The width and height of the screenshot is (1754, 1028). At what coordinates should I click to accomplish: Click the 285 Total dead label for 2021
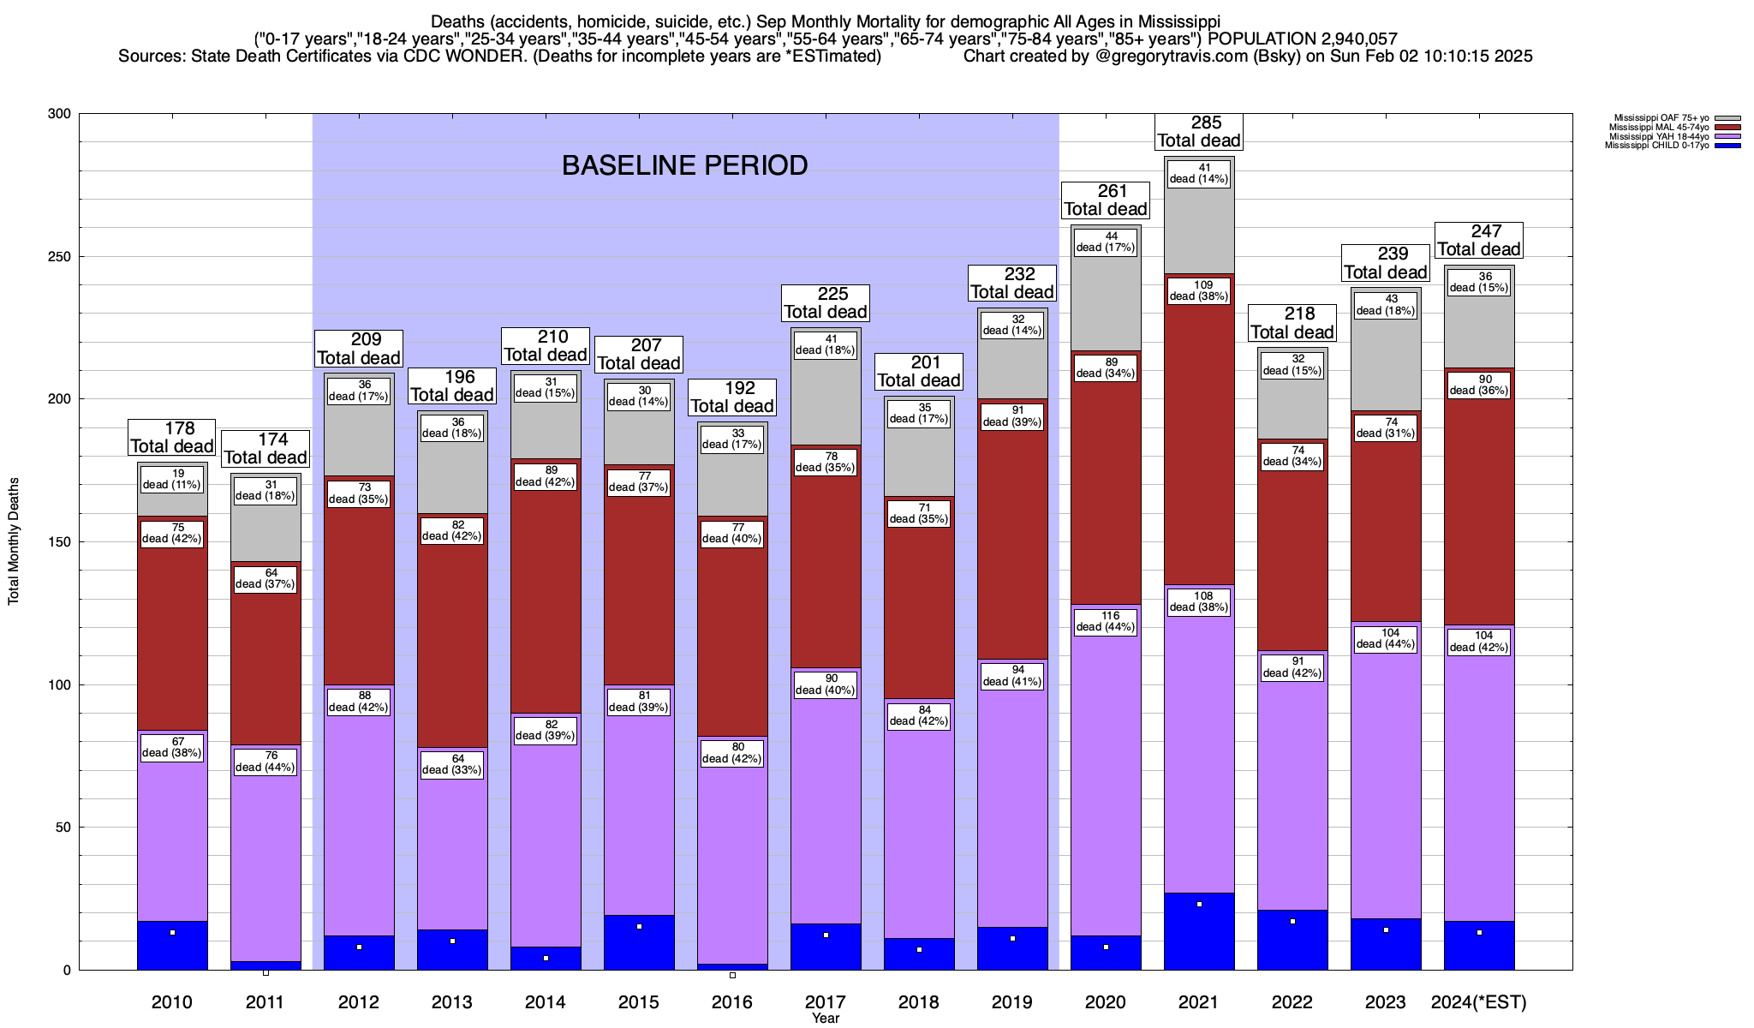click(x=1198, y=132)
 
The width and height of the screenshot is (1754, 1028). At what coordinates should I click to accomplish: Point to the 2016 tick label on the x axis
click(x=732, y=1002)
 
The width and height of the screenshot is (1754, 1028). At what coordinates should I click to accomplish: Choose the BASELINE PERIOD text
click(x=684, y=165)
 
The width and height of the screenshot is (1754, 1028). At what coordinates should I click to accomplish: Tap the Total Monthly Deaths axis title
click(x=14, y=541)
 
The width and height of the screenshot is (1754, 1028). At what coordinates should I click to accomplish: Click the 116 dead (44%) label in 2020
click(x=1106, y=621)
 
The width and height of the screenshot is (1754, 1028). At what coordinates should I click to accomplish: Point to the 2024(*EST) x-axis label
click(x=1478, y=1002)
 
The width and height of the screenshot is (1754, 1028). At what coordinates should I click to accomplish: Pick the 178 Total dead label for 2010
click(x=172, y=437)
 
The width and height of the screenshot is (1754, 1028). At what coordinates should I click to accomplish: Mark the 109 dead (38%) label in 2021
click(x=1198, y=290)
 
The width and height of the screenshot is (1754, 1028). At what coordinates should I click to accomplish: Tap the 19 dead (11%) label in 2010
click(x=172, y=479)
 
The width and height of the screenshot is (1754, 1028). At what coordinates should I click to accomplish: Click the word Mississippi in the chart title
click(x=1178, y=21)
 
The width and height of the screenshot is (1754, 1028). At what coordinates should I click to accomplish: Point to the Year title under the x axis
click(x=826, y=1019)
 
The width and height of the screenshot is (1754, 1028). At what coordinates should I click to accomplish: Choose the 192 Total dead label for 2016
click(x=732, y=397)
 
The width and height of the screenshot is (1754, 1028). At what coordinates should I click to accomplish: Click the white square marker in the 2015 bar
click(x=639, y=927)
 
